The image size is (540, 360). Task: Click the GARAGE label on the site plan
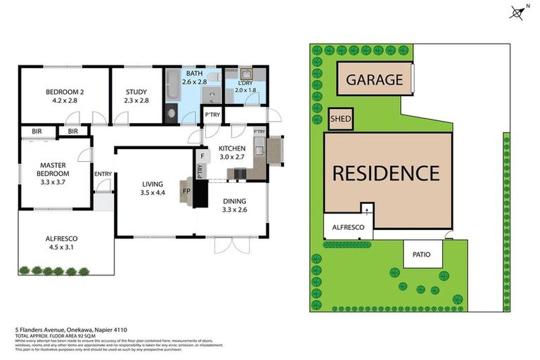coord(374,79)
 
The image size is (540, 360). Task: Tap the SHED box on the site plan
coord(340,120)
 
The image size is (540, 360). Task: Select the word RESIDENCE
coord(385,173)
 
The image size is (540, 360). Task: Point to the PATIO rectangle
coord(422,254)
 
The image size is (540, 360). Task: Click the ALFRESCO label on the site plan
coord(348,228)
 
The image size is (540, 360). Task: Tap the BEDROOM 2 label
coord(65,92)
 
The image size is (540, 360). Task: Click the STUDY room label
coord(136,92)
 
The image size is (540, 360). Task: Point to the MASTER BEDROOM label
coord(53,169)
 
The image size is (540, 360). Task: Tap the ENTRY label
coord(103,174)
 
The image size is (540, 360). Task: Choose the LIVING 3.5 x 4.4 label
coord(151,188)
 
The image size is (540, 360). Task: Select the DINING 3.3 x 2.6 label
coord(235,204)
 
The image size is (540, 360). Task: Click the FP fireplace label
coord(186,191)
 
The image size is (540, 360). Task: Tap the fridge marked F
coord(202,156)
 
